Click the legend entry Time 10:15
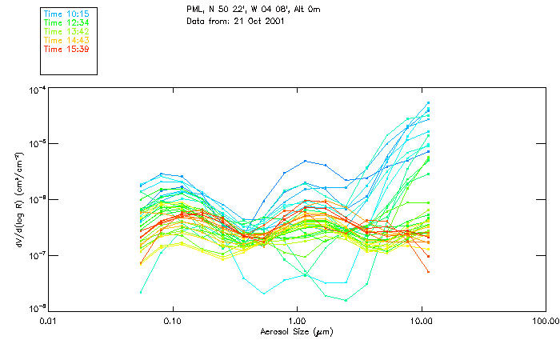66,14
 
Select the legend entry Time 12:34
66,23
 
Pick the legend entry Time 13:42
66,32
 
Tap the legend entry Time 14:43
66,41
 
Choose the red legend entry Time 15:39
66,50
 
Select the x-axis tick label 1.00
297,321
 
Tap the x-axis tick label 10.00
421,321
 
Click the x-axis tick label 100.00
545,321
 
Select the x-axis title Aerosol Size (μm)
296,331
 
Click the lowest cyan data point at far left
142,292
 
